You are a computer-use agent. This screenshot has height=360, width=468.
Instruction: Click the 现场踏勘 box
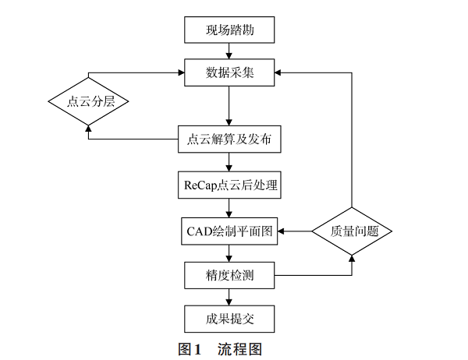[x=229, y=31]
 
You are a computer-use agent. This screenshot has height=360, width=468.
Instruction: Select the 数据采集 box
[x=229, y=74]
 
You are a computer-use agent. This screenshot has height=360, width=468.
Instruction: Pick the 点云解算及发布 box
[x=229, y=140]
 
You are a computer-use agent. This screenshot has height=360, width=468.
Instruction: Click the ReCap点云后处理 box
[x=229, y=185]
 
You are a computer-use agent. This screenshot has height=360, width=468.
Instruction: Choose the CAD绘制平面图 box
[x=229, y=231]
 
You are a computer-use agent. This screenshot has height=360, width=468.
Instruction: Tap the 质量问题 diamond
[x=351, y=231]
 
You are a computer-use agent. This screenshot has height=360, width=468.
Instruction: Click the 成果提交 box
[x=229, y=318]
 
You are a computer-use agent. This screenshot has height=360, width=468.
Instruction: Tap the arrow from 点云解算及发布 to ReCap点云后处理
[x=229, y=162]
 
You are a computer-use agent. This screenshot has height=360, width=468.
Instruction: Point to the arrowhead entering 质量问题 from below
[x=351, y=256]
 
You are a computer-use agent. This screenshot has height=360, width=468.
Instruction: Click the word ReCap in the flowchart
[x=200, y=185]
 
